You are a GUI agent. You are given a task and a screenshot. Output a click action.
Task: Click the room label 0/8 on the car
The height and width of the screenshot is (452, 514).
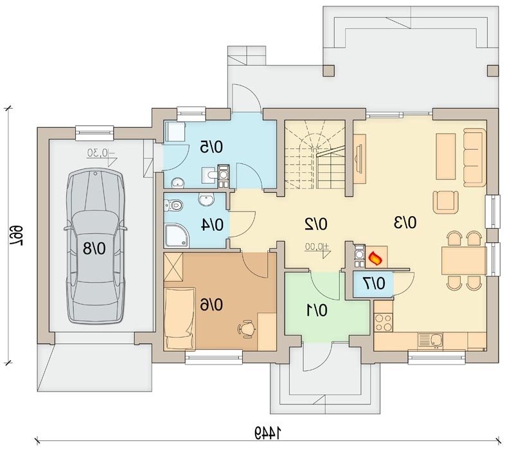tap(94, 248)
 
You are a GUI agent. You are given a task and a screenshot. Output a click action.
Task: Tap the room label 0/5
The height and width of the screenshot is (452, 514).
tap(211, 147)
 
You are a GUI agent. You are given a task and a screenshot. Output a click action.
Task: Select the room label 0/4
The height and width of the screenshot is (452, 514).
tap(212, 225)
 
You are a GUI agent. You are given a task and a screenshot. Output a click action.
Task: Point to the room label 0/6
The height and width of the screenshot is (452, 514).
tap(211, 305)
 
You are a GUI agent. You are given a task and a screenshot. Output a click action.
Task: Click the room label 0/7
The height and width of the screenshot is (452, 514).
tap(374, 284)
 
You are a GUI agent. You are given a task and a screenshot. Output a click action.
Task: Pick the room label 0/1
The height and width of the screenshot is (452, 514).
tap(317, 311)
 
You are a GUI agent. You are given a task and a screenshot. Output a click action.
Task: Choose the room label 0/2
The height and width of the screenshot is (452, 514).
tap(316, 224)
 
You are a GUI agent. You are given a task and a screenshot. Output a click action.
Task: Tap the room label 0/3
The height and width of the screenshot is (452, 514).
tap(405, 222)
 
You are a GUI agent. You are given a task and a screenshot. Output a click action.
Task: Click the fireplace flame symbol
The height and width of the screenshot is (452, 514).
tap(375, 258)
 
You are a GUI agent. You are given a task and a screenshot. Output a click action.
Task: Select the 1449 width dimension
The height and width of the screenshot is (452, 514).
tap(268, 433)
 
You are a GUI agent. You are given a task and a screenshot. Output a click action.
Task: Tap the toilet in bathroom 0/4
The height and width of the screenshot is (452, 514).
tap(173, 205)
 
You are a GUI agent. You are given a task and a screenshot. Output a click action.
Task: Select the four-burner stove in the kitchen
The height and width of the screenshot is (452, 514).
tap(383, 322)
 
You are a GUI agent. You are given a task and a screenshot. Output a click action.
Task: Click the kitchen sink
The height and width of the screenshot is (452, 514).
tap(430, 339)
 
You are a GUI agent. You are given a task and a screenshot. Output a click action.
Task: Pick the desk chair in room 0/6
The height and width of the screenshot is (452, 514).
tap(247, 329)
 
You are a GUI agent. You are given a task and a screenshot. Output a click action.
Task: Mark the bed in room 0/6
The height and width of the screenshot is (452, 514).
tap(180, 318)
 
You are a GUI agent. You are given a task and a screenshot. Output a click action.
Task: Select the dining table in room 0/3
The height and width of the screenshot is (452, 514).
tap(464, 261)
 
